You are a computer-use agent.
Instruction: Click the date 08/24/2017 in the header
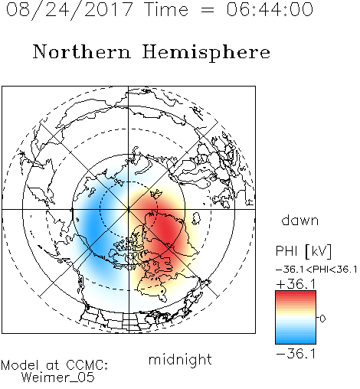pos(70,10)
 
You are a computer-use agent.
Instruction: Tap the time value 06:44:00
pos(270,9)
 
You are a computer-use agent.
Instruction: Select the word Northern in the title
pos(82,51)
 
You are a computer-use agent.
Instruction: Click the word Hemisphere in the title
pos(206,52)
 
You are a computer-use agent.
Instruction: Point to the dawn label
pos(300,220)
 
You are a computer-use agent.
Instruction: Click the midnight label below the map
pos(180,360)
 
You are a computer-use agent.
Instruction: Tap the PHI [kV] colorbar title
pos(303,251)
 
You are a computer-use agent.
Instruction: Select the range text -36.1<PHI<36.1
pos(316,270)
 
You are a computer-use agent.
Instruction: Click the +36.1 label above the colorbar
pos(296,284)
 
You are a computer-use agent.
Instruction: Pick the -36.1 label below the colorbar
pos(296,354)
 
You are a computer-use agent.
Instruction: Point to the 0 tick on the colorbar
pos(322,319)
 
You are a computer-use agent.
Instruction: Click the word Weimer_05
pos(58,378)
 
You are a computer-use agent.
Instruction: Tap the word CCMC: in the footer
pos(87,365)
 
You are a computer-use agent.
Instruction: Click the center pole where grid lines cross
pos(129,209)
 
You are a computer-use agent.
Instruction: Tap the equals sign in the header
pos(207,10)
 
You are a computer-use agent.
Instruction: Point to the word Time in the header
pos(166,9)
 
